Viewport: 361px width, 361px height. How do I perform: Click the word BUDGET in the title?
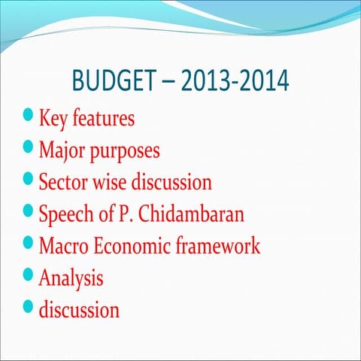116,80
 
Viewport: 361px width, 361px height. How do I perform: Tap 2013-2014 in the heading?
236,80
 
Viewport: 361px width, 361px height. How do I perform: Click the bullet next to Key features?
29,116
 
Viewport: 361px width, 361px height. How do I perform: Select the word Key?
53,119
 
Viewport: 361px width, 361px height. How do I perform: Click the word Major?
62,150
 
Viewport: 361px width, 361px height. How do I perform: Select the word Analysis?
71,279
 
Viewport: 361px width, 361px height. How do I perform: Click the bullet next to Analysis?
29,275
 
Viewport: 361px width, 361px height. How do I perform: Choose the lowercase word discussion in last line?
79,309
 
